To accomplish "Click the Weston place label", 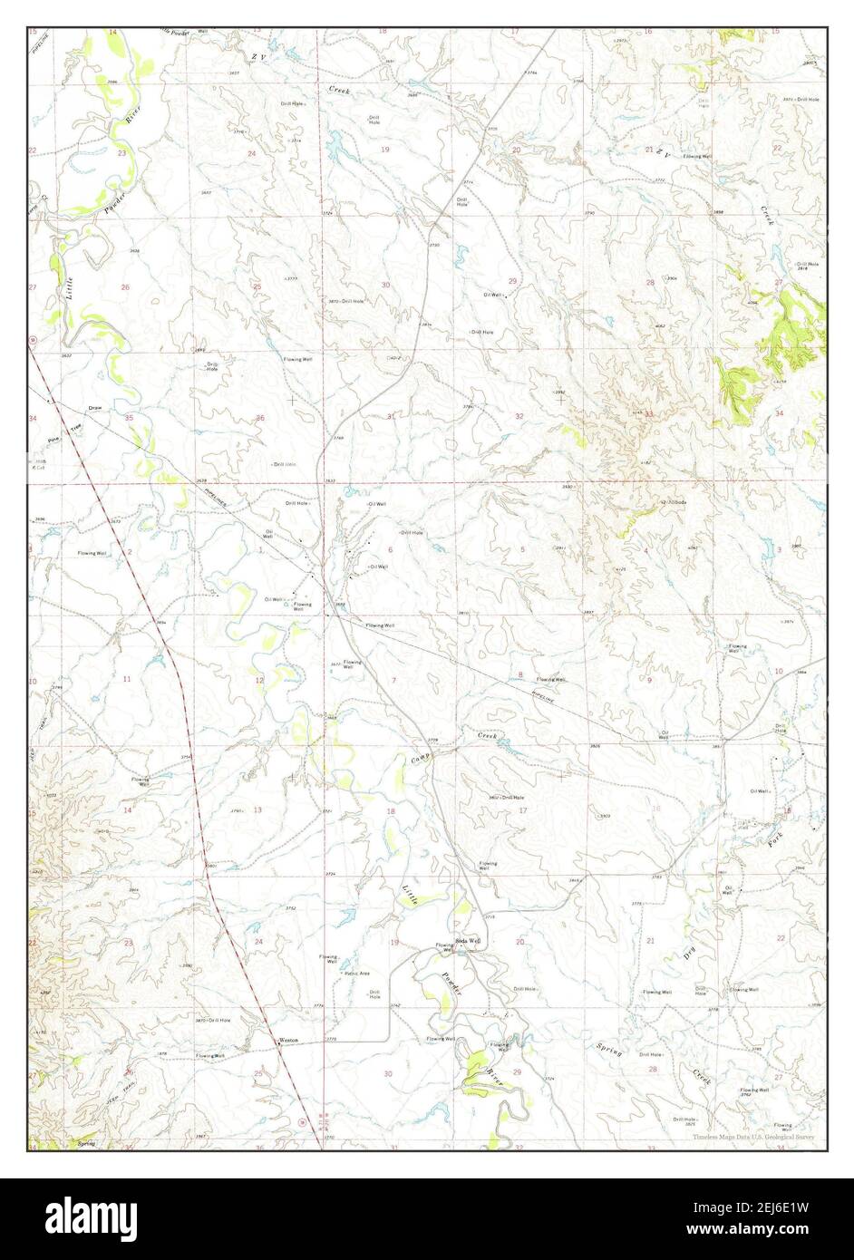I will click(x=289, y=1040).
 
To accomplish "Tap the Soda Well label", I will click(x=468, y=941).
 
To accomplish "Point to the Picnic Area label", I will click(x=356, y=974).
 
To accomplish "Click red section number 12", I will click(x=259, y=680).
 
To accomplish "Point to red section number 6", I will click(x=391, y=550).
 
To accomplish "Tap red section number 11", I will click(x=128, y=679).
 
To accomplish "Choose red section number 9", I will click(x=649, y=680).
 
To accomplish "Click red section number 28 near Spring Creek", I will click(x=652, y=1070).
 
